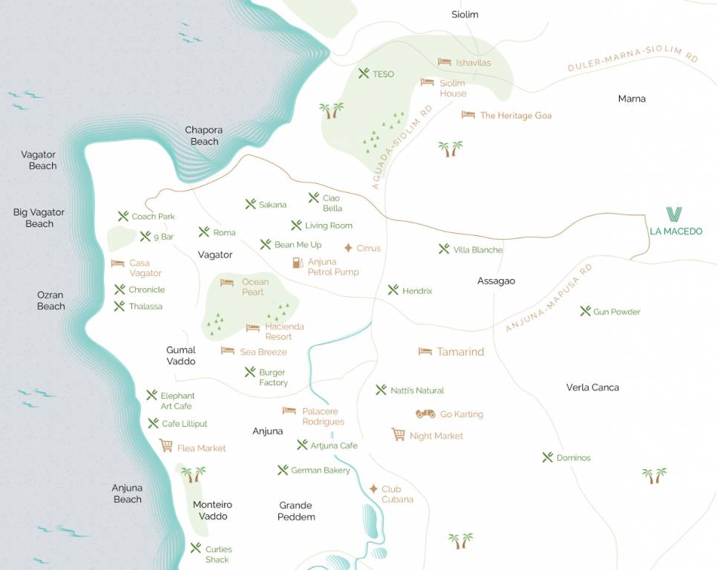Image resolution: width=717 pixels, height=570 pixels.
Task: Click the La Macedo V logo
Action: pyautogui.click(x=674, y=214)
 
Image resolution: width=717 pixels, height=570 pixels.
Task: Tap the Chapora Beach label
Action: pyautogui.click(x=203, y=136)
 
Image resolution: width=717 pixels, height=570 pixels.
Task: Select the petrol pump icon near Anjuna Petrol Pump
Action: pyautogui.click(x=298, y=262)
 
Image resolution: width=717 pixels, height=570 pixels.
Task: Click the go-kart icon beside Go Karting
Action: pyautogui.click(x=425, y=414)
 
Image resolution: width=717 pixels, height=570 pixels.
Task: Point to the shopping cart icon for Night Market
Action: pyautogui.click(x=399, y=435)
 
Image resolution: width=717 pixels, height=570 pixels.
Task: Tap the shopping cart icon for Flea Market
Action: pyautogui.click(x=166, y=445)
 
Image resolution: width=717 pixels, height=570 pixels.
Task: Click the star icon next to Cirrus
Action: pyautogui.click(x=348, y=248)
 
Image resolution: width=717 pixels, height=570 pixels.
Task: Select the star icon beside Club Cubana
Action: pyautogui.click(x=373, y=488)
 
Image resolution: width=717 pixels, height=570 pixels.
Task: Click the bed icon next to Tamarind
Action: pyautogui.click(x=425, y=351)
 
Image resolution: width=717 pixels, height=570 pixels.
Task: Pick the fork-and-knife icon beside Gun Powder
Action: pyautogui.click(x=585, y=311)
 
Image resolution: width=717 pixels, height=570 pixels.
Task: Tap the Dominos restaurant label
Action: pyautogui.click(x=573, y=458)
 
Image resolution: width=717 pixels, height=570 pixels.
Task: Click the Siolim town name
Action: pyautogui.click(x=465, y=14)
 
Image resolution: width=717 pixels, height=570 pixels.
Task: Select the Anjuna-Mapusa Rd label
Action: pyautogui.click(x=549, y=298)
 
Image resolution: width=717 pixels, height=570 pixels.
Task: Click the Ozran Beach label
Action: pyautogui.click(x=50, y=301)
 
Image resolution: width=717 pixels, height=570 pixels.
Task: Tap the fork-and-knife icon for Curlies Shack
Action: pyautogui.click(x=195, y=548)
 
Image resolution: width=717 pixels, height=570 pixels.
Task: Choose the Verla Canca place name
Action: pyautogui.click(x=592, y=387)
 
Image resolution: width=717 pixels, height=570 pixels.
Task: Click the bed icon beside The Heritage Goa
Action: pyautogui.click(x=468, y=115)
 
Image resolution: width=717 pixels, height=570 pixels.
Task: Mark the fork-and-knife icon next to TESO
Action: pyautogui.click(x=364, y=73)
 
